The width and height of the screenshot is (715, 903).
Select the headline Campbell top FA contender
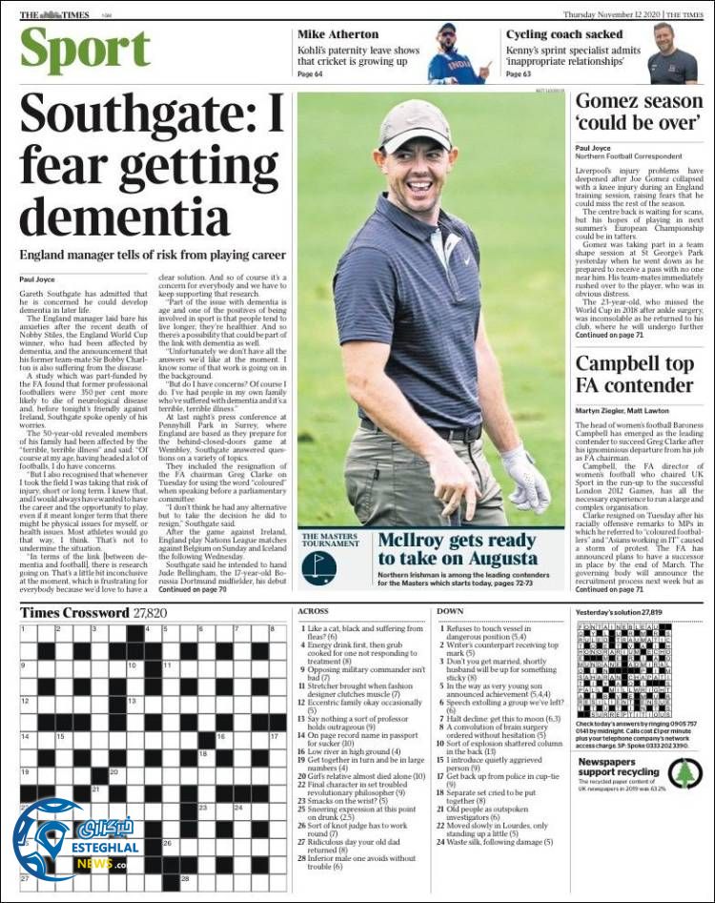point(634,374)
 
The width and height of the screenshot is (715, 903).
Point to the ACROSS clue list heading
point(314,610)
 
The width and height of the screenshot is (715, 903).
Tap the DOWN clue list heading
point(450,610)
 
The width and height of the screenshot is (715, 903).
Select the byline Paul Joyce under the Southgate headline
point(38,279)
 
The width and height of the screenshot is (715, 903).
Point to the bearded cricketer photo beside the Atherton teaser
point(458,53)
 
